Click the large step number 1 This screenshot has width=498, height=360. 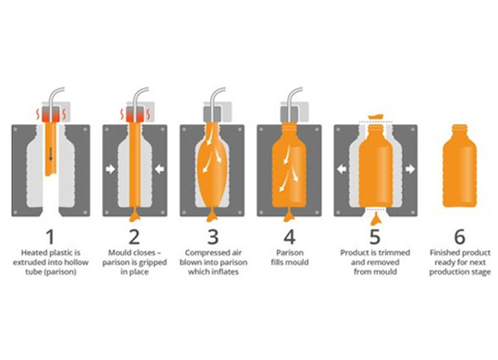[x=51, y=237]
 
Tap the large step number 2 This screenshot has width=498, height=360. [x=134, y=237]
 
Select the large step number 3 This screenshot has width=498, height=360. [x=213, y=237]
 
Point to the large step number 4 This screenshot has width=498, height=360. [x=290, y=237]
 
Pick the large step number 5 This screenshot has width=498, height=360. [x=375, y=237]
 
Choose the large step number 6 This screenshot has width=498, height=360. [x=459, y=237]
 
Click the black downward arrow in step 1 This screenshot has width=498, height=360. [x=51, y=154]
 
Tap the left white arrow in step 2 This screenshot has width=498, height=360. [x=111, y=169]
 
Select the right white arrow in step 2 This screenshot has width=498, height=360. [x=159, y=169]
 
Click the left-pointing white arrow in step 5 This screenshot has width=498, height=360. [x=341, y=169]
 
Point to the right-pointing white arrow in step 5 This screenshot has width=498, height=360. [x=410, y=169]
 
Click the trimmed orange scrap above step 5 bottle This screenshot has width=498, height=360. [x=376, y=117]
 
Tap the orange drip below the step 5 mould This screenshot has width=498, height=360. [x=375, y=219]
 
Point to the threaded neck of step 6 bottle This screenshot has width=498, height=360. [x=459, y=129]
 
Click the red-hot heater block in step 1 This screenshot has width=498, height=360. [x=51, y=114]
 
